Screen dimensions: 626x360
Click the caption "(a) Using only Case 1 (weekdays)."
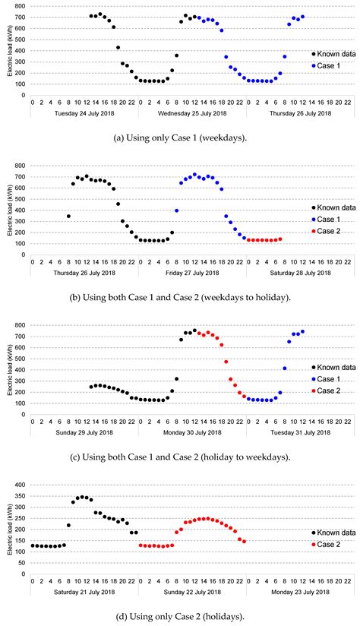180,135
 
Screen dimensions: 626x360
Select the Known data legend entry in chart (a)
331,54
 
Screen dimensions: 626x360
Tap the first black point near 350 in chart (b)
68,217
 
